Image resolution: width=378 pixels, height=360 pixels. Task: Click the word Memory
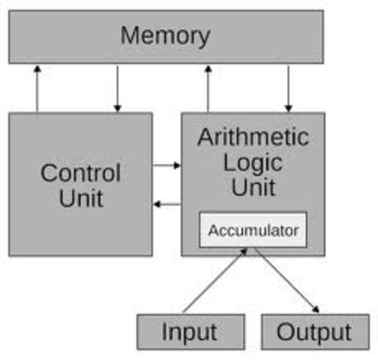[165, 35]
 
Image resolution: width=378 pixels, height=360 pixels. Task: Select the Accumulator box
[253, 230]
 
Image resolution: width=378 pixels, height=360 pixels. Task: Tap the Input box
[190, 331]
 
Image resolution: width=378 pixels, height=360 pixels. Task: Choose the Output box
[313, 331]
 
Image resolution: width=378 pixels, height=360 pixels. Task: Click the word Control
[80, 173]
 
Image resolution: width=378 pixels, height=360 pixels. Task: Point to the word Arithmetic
[253, 137]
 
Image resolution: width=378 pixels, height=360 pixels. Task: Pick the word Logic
[253, 162]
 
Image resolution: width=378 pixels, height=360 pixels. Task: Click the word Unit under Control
[80, 198]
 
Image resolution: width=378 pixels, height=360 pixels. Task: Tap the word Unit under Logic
[253, 187]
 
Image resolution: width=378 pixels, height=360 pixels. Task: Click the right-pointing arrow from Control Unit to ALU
[166, 165]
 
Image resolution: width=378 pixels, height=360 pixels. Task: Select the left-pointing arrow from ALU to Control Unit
[166, 204]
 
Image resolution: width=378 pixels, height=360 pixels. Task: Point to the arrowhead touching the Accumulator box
[244, 251]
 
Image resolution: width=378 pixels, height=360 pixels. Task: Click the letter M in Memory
[131, 35]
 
